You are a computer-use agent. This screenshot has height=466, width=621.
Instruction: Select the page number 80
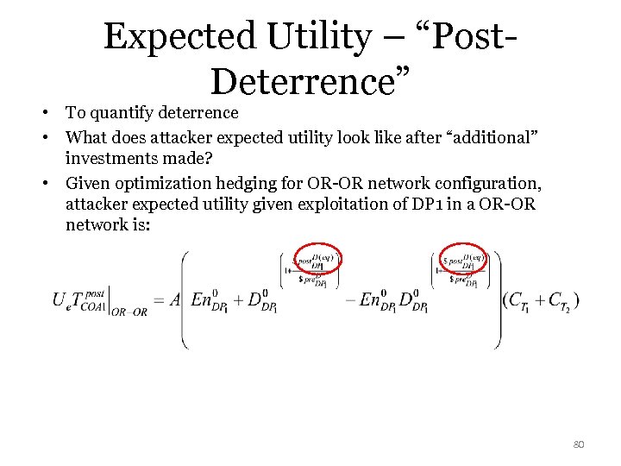578,444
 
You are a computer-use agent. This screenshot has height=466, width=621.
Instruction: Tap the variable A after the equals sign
176,299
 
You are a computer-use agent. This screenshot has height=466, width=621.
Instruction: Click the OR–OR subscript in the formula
129,312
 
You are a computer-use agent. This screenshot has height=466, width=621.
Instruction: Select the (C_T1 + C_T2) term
541,300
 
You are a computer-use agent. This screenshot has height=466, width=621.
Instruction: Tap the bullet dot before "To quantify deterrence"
53,113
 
